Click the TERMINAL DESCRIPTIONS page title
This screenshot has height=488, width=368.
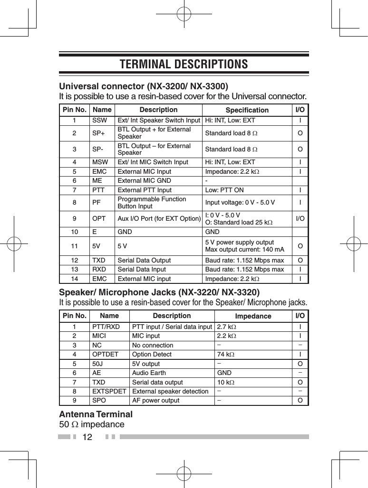coord(184,64)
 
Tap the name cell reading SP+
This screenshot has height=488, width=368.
coord(99,133)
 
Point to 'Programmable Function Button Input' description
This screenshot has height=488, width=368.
coord(152,203)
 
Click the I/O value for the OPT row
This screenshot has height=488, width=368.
coord(300,219)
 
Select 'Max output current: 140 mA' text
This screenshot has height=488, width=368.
coord(244,250)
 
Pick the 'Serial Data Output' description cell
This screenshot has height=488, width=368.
coord(144,261)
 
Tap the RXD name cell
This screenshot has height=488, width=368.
coord(99,270)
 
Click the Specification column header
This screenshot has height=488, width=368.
coord(247,110)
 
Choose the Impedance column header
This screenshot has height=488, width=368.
coord(253,316)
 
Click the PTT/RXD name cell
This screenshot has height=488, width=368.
coord(106,327)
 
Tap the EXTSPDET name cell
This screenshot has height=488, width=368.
coord(109,391)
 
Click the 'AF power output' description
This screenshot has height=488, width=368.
coord(155,400)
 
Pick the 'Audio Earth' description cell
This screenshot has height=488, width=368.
coord(149,373)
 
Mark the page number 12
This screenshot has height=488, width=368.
coord(88,437)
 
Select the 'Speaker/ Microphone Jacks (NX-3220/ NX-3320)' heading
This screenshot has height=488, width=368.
coord(159,291)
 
